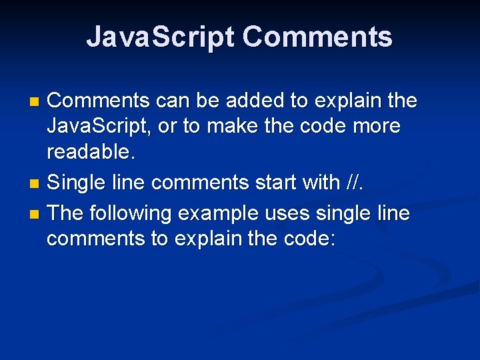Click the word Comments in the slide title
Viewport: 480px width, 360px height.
[317, 37]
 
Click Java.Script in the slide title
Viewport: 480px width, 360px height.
[160, 37]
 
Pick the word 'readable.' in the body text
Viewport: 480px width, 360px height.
[91, 153]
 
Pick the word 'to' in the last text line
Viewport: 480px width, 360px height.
[160, 239]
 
